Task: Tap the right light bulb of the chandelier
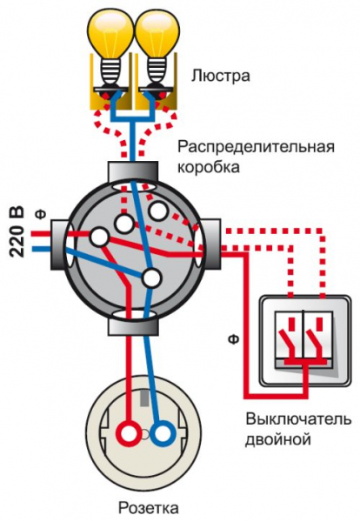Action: point(157,37)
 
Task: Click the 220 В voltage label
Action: point(17,231)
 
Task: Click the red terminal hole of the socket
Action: point(129,432)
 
